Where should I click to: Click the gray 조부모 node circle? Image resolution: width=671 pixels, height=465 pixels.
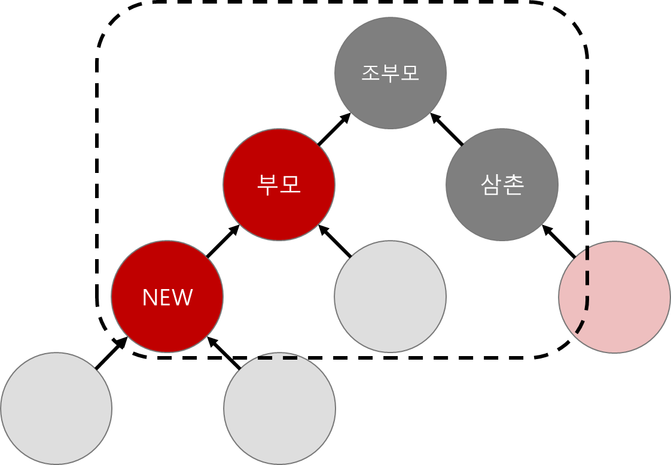pyautogui.click(x=390, y=96)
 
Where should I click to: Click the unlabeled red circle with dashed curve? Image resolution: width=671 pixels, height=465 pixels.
pyautogui.click(x=622, y=297)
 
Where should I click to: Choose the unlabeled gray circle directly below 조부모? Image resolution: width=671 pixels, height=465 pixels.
pyautogui.click(x=390, y=297)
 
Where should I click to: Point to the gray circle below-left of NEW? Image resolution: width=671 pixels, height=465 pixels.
pyautogui.click(x=56, y=409)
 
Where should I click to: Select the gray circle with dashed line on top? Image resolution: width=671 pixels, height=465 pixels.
pyautogui.click(x=279, y=409)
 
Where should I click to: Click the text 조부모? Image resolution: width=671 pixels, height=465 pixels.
pyautogui.click(x=390, y=72)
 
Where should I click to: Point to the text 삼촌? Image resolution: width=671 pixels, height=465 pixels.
pyautogui.click(x=502, y=185)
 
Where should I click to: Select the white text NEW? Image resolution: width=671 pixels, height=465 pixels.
pyautogui.click(x=167, y=297)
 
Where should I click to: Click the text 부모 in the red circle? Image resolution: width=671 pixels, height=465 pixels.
pyautogui.click(x=279, y=185)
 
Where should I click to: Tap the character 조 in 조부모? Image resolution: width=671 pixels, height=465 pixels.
pyautogui.click(x=371, y=72)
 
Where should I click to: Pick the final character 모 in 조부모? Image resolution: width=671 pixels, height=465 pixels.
pyautogui.click(x=409, y=72)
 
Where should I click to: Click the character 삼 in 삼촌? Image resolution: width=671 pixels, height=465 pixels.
pyautogui.click(x=492, y=185)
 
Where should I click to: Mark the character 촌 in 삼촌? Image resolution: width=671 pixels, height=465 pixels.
pyautogui.click(x=514, y=185)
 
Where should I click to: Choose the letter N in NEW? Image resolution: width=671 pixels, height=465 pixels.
pyautogui.click(x=150, y=297)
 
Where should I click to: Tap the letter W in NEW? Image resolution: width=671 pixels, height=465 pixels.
pyautogui.click(x=183, y=297)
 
